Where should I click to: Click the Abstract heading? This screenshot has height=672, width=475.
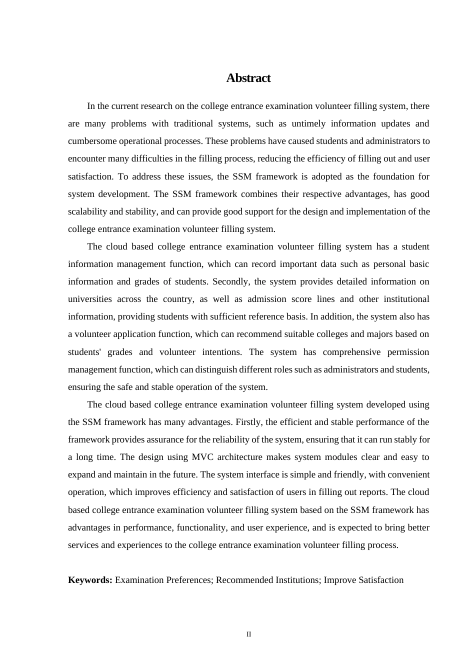(x=248, y=78)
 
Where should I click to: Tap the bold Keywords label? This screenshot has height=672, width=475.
(x=90, y=580)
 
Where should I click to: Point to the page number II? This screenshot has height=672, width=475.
(x=248, y=634)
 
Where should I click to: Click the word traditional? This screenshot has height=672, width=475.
(x=193, y=123)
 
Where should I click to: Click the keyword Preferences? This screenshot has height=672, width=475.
(x=186, y=580)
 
